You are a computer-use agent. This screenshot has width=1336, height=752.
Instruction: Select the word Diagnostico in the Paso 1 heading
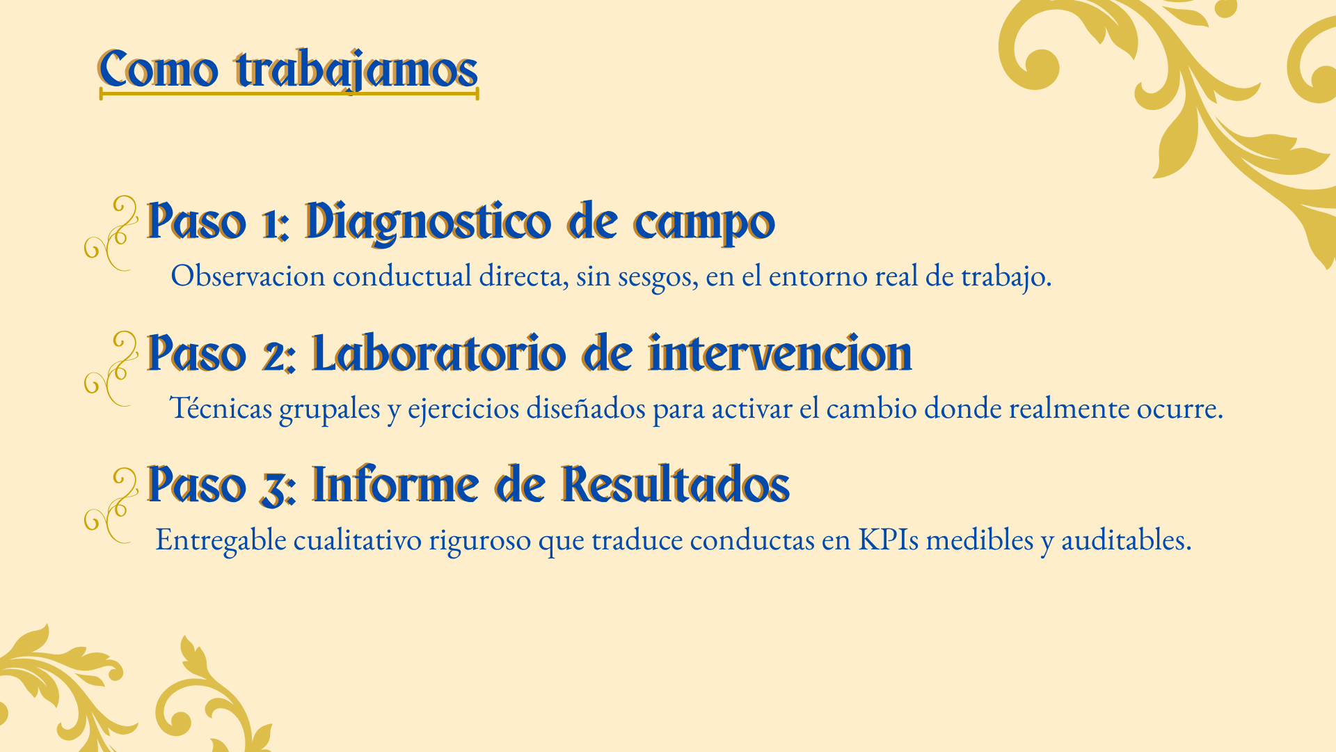coord(427,222)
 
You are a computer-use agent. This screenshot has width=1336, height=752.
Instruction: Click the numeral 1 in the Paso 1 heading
coord(272,224)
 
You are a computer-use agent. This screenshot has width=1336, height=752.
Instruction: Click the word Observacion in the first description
coord(248,276)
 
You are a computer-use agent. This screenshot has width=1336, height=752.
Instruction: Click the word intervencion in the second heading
coord(780,353)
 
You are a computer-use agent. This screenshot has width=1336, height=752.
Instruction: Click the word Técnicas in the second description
coord(221,407)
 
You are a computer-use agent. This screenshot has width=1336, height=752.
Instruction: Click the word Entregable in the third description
coord(221,540)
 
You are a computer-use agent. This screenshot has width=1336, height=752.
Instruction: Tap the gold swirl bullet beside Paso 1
coord(111,233)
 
